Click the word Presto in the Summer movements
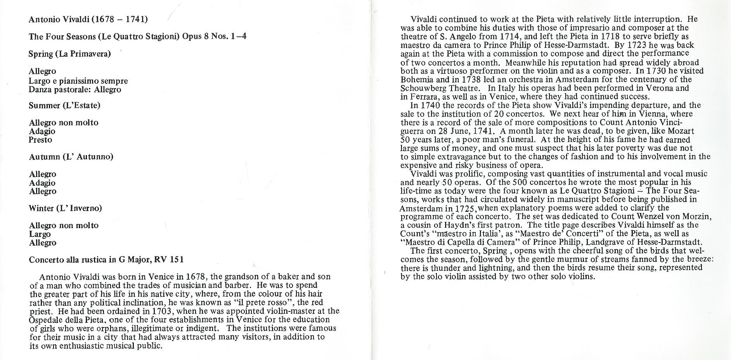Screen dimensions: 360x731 click(x=40, y=140)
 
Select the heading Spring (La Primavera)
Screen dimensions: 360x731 click(x=69, y=54)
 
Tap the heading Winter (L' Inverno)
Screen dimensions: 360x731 click(x=65, y=208)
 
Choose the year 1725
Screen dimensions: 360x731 click(x=466, y=208)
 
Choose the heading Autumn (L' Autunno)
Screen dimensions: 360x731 click(x=71, y=157)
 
